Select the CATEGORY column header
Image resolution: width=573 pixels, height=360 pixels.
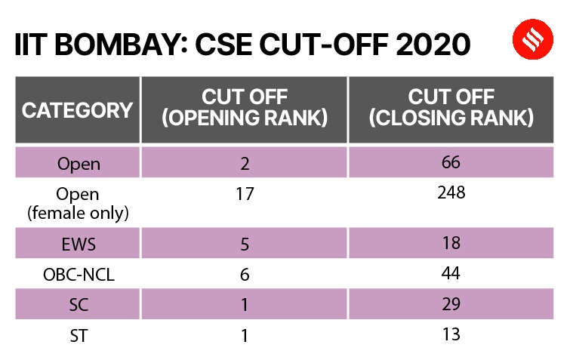tap(77, 110)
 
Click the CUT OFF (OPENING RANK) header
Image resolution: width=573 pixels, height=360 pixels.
tap(245, 109)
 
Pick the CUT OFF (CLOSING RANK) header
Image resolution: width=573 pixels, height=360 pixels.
tap(451, 109)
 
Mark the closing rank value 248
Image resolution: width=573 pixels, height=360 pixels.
tap(451, 193)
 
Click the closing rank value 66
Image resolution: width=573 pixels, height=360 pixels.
tap(451, 162)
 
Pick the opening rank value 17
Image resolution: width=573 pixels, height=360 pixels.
tap(245, 194)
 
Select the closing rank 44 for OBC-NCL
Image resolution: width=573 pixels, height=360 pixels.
tap(451, 274)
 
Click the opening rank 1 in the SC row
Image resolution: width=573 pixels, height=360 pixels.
tap(245, 304)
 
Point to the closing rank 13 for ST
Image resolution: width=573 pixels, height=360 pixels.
tap(451, 334)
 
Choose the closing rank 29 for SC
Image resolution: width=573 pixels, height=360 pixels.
tap(451, 304)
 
